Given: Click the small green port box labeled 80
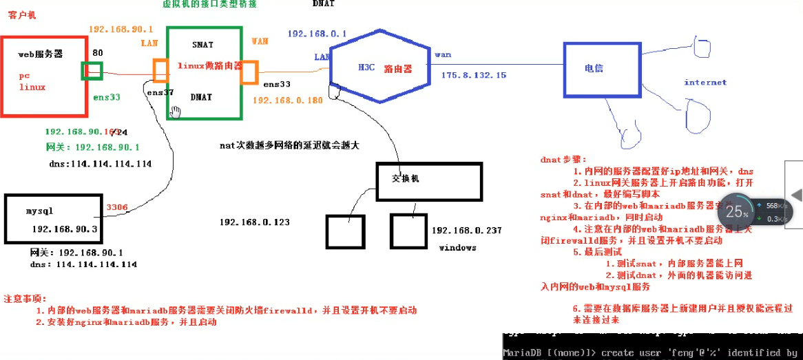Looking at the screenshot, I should (x=92, y=71).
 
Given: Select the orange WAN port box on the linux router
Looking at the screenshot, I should (x=248, y=72).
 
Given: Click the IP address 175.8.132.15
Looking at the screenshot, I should (x=474, y=75).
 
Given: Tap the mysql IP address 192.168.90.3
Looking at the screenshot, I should (x=65, y=229).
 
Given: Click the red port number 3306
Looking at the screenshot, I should (x=117, y=207).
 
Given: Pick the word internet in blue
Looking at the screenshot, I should (x=705, y=83).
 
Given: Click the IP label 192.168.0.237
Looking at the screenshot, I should (x=467, y=231).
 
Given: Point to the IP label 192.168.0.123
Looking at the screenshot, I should (x=255, y=222).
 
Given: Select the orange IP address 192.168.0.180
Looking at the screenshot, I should (x=288, y=100).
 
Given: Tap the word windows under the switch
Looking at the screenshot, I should (x=457, y=248).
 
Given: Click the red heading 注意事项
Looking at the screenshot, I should (x=25, y=299).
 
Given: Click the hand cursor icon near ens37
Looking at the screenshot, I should (x=176, y=112).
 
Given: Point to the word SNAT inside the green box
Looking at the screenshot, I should (x=203, y=45).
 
